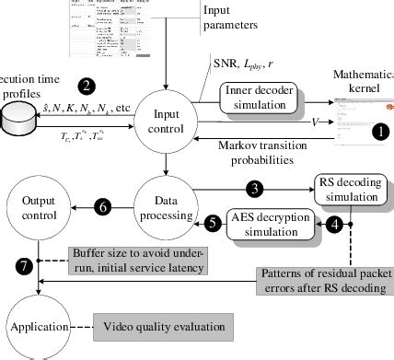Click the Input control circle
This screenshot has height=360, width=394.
point(166,125)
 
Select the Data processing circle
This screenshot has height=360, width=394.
point(166,208)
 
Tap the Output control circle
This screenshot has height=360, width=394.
point(37,208)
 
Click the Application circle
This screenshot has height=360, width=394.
point(37,325)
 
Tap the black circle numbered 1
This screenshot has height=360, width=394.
point(378,131)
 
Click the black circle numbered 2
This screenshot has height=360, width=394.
point(87,87)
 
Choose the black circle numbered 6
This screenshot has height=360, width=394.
point(103,208)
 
